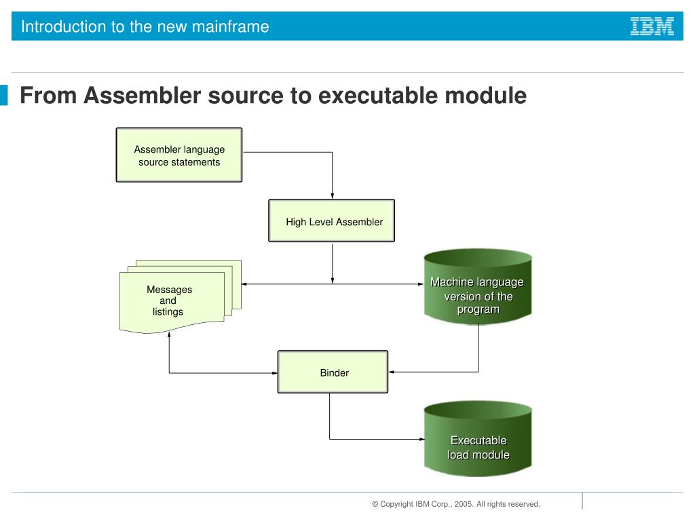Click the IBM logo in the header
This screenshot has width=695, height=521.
click(652, 26)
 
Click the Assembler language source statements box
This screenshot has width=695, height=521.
click(179, 155)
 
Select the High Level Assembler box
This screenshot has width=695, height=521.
click(331, 221)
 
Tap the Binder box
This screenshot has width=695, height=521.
click(333, 372)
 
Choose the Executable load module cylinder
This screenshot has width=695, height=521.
click(478, 439)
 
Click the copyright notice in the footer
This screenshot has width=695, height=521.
click(455, 504)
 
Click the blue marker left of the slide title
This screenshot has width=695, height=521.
click(4, 96)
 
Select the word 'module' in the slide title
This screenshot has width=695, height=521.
click(485, 96)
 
